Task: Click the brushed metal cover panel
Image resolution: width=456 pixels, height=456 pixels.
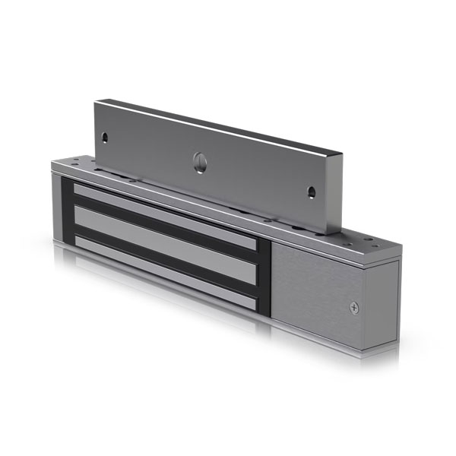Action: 315,293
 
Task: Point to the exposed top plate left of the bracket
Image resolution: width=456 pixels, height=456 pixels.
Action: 72,161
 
